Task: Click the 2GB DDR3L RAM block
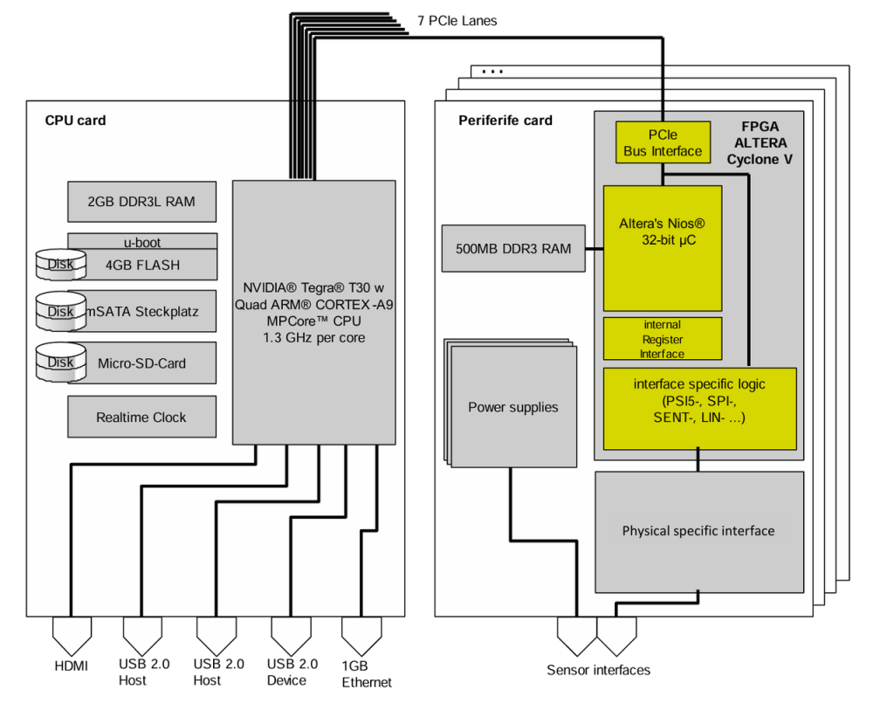[x=142, y=202]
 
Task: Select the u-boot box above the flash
[x=142, y=241]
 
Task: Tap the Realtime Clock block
[x=142, y=417]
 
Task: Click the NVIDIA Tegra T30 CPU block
[x=314, y=313]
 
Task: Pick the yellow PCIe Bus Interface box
[x=664, y=142]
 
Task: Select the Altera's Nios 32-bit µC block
[x=664, y=248]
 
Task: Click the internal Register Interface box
[x=664, y=339]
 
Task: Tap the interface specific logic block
[x=699, y=409]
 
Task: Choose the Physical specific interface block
[x=699, y=532]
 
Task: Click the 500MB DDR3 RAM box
[x=513, y=248]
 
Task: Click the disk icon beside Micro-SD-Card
[x=61, y=362]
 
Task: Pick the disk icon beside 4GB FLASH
[x=61, y=264]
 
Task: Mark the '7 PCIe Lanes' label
[x=457, y=21]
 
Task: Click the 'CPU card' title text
[x=75, y=121]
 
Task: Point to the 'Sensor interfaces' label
[x=598, y=670]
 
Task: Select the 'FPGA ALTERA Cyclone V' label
[x=760, y=143]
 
